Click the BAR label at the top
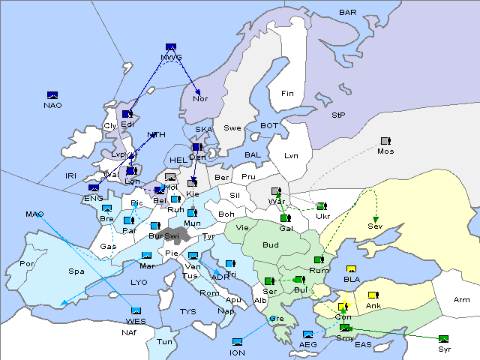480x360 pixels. [347, 12]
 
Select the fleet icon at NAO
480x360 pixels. [52, 95]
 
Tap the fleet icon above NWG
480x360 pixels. [170, 47]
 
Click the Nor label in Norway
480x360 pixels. [199, 98]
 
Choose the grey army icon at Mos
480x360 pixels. [385, 141]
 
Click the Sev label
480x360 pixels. [374, 226]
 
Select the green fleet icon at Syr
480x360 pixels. [444, 339]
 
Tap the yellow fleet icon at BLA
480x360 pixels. [351, 269]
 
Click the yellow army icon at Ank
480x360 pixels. [373, 295]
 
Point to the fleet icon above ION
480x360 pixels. [238, 342]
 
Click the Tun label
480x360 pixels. [164, 341]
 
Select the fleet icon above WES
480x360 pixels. [136, 311]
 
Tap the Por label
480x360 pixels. [28, 264]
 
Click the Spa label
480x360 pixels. [76, 271]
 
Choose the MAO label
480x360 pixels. [34, 214]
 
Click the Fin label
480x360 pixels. [287, 94]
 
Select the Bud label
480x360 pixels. [270, 244]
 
